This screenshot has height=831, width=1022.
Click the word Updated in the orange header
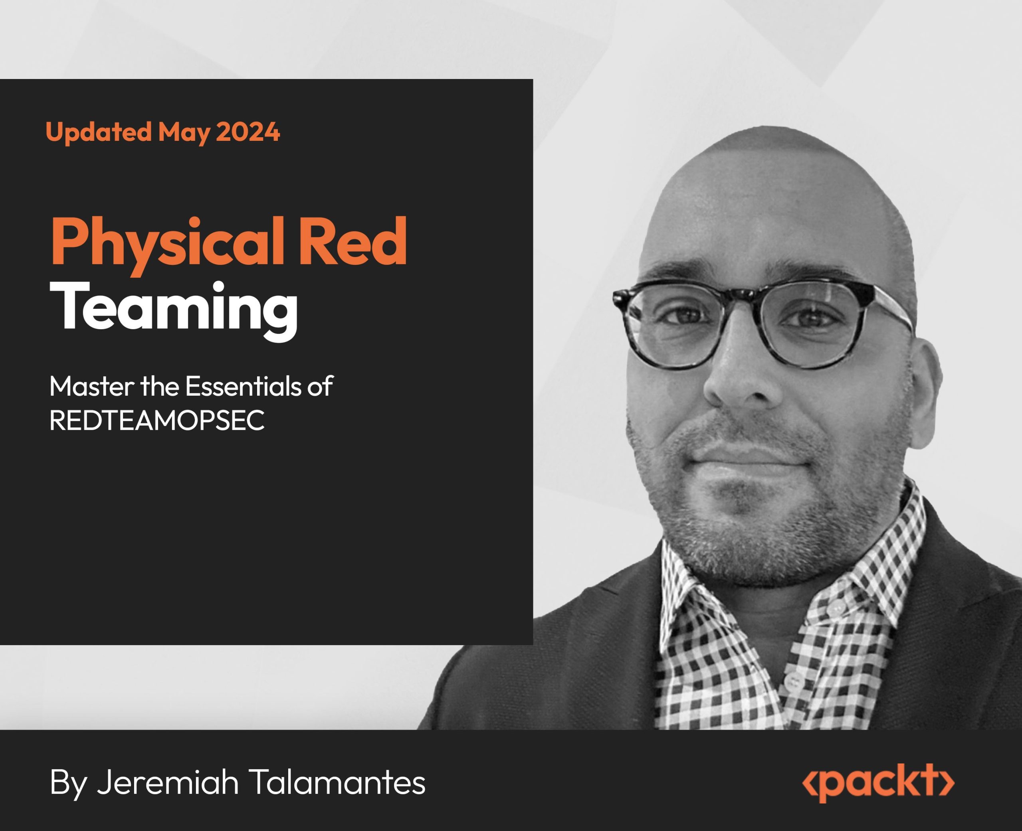[x=99, y=132]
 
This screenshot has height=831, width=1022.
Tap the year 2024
[x=248, y=132]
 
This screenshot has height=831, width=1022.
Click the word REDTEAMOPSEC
[x=157, y=421]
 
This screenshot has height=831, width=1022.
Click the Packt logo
[x=878, y=783]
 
